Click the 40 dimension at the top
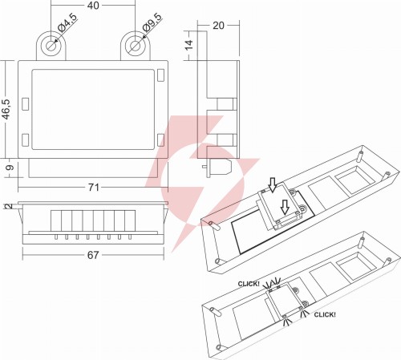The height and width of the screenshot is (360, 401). [x=93, y=6]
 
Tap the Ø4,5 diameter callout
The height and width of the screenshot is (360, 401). [x=67, y=22]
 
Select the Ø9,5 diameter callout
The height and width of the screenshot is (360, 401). [x=152, y=22]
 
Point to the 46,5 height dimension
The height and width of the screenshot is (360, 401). [x=6, y=109]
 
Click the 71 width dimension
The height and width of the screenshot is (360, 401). [x=94, y=188]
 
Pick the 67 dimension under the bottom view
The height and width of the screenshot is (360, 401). [x=93, y=255]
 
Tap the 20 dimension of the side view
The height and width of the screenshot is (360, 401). [x=218, y=26]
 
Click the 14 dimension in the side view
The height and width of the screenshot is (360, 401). [x=189, y=45]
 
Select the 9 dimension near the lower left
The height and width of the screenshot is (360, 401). [x=10, y=168]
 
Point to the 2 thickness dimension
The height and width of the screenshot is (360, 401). [x=9, y=206]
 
